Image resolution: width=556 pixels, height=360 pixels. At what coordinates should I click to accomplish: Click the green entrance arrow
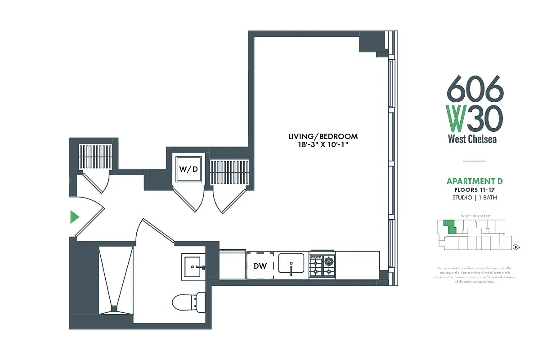tap(74, 217)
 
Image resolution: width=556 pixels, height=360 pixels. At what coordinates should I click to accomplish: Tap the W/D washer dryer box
tap(188, 169)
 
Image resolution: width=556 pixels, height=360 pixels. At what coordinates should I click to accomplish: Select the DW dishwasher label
tap(260, 266)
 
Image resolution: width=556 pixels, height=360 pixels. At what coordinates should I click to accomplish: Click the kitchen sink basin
tap(291, 263)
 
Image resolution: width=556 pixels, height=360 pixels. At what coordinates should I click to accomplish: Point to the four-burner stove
tap(322, 265)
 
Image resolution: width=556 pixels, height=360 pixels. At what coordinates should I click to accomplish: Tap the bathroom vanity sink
tap(193, 266)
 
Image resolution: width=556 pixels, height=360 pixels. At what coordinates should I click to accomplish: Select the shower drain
tap(114, 308)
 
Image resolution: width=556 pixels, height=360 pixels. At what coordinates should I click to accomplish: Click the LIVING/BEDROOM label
tap(323, 136)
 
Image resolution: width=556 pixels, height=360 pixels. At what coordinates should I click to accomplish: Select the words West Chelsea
tap(472, 139)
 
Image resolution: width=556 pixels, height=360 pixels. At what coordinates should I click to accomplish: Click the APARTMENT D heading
tap(474, 181)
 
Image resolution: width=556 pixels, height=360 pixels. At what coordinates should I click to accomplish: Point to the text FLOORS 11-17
tap(474, 190)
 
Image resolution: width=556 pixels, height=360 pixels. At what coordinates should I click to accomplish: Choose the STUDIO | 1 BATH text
tap(474, 198)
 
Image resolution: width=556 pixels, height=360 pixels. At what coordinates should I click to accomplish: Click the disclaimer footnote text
tap(475, 275)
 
